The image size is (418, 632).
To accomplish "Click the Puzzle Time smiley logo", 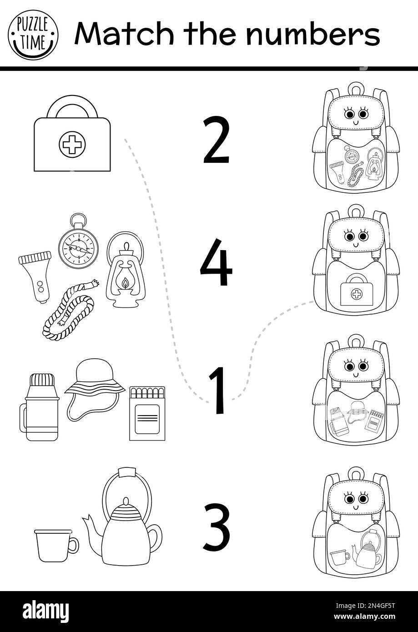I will tap(33, 35).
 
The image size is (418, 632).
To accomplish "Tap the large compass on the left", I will tap(78, 247).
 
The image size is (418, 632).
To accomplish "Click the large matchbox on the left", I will tap(147, 413).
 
